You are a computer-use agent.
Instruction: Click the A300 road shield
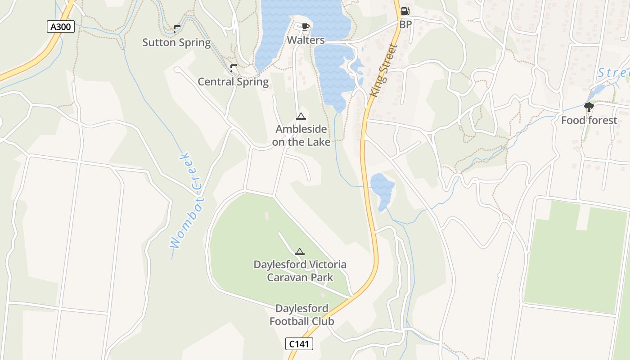pyautogui.click(x=60, y=27)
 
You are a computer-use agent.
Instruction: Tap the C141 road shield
pyautogui.click(x=299, y=344)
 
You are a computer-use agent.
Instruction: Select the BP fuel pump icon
pyautogui.click(x=405, y=11)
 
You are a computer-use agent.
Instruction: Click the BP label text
pyautogui.click(x=405, y=24)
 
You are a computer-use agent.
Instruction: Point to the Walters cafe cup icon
pyautogui.click(x=306, y=27)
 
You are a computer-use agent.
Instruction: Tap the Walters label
pyautogui.click(x=306, y=40)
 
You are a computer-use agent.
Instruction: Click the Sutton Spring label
pyautogui.click(x=176, y=43)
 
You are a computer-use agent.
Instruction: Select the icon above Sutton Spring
pyautogui.click(x=176, y=29)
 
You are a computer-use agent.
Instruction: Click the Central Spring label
pyautogui.click(x=233, y=82)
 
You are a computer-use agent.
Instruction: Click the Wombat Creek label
pyautogui.click(x=187, y=201)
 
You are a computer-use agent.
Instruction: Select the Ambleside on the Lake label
pyautogui.click(x=301, y=135)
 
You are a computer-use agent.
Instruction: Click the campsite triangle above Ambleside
pyautogui.click(x=301, y=117)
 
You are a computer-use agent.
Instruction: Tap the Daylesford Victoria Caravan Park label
pyautogui.click(x=300, y=270)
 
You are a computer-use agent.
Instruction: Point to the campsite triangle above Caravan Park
pyautogui.click(x=300, y=252)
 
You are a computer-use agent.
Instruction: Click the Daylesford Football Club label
pyautogui.click(x=301, y=315)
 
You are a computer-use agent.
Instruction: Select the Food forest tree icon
pyautogui.click(x=589, y=107)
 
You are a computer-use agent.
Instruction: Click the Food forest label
pyautogui.click(x=589, y=120)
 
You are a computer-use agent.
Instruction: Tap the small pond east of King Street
pyautogui.click(x=382, y=187)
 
